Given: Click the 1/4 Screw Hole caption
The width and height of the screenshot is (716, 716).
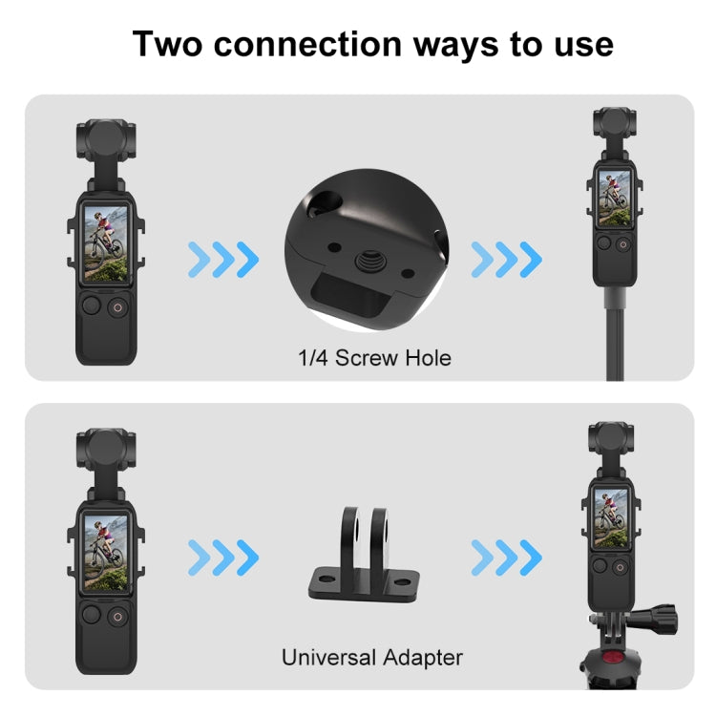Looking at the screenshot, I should click(373, 359).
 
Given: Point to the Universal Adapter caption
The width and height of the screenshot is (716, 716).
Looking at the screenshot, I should click(371, 657).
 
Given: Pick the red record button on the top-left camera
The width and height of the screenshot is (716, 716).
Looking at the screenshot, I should click(116, 307).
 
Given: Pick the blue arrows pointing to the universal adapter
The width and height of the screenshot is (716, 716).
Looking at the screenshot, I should click(222, 554).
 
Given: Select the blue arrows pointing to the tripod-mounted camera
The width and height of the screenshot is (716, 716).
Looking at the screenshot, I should click(506, 554).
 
